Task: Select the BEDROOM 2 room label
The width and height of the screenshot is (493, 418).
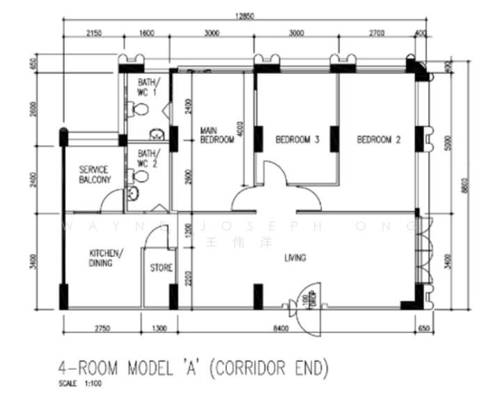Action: click(378, 140)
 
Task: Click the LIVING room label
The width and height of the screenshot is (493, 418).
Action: click(295, 258)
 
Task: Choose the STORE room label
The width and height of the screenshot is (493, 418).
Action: click(162, 268)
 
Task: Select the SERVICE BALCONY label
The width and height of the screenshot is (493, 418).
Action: click(95, 175)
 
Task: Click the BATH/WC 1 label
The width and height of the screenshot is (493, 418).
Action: click(147, 88)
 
